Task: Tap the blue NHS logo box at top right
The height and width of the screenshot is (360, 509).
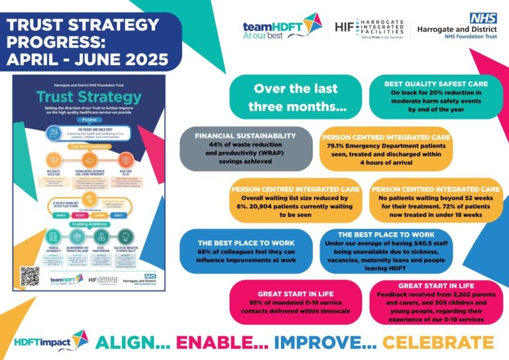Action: (482, 18)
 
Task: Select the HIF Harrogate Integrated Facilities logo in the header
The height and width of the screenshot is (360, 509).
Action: (370, 28)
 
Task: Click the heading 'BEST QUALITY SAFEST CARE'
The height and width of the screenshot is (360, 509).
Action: (435, 84)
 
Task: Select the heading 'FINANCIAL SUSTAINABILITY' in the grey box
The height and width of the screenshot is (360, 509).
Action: (246, 135)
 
